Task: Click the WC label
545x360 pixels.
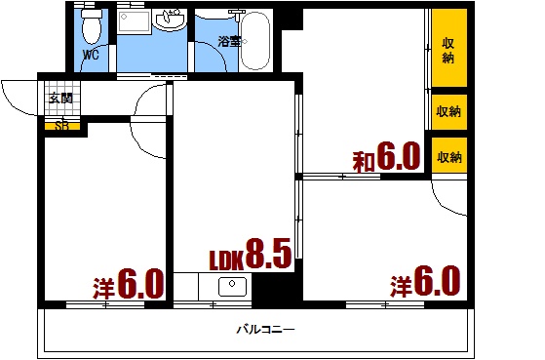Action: (91, 55)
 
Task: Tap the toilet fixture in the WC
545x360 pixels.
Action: (92, 26)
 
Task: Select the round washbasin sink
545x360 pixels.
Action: (170, 20)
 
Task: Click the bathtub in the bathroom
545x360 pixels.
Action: (255, 41)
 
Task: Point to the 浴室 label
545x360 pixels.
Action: (229, 42)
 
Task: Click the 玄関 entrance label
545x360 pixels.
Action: (60, 99)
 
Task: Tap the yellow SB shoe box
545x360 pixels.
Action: (62, 126)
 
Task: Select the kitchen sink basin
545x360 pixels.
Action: (233, 286)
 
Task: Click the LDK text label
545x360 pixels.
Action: (226, 260)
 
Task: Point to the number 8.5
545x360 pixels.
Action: (268, 254)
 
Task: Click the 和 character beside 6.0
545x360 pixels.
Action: (364, 162)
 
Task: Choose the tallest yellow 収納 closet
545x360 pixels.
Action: (449, 48)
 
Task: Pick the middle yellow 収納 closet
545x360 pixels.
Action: (449, 112)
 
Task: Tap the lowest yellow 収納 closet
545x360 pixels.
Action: (449, 155)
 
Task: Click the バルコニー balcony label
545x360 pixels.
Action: (266, 329)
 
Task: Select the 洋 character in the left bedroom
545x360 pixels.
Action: (103, 289)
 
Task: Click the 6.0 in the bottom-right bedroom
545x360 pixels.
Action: (437, 280)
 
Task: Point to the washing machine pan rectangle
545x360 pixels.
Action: (134, 21)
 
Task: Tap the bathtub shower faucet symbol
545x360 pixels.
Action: (237, 15)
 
